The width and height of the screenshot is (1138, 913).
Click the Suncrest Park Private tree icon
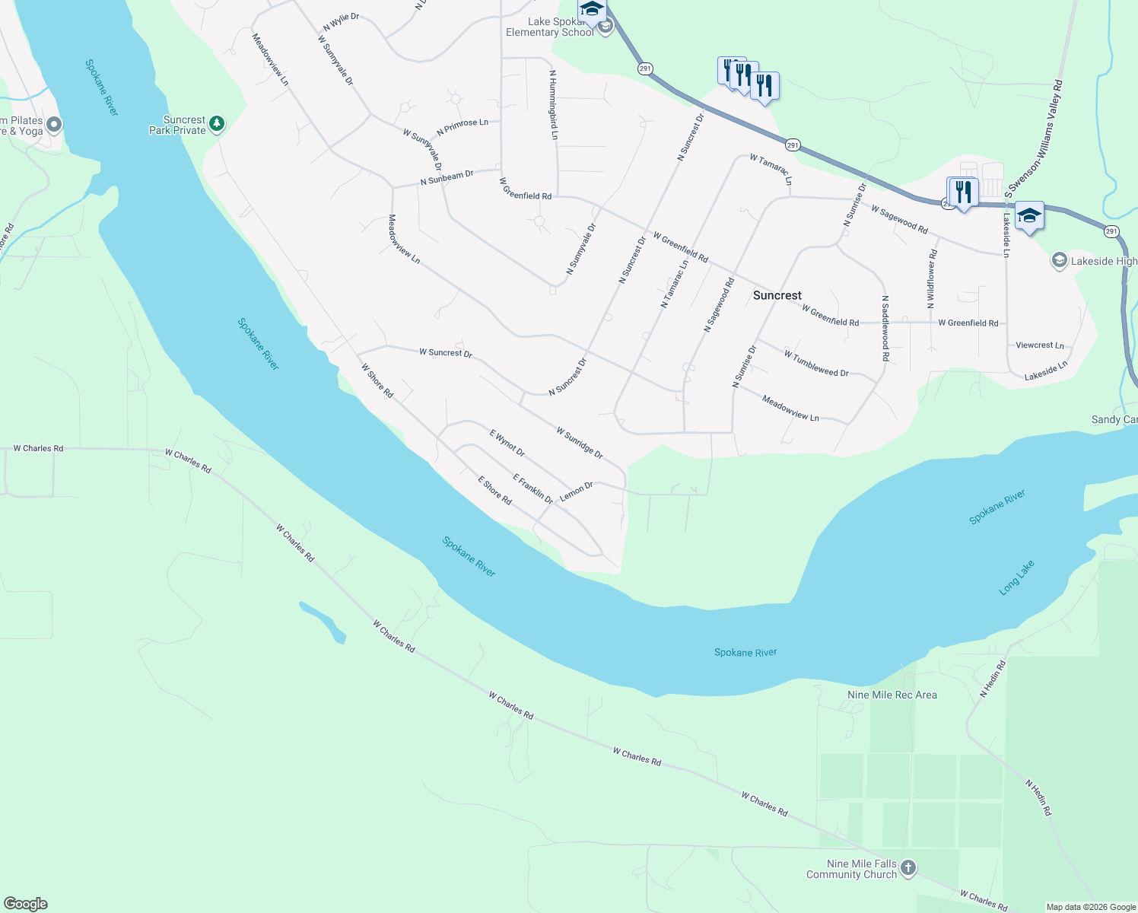[x=217, y=123]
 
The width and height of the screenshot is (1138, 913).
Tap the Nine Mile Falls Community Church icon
[x=908, y=867]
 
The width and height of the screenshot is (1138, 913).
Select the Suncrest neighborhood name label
[x=777, y=295]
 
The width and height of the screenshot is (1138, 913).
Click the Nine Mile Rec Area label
[x=892, y=695]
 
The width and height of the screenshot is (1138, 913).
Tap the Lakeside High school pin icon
[x=1059, y=261]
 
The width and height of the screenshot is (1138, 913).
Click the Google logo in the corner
[x=25, y=904]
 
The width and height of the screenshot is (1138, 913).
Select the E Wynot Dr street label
[x=507, y=444]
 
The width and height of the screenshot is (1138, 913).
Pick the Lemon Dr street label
[x=576, y=491]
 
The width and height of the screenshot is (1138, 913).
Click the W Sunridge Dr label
[x=580, y=443]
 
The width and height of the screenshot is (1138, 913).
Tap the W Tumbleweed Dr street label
[x=815, y=364]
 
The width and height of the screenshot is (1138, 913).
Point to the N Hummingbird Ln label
[x=554, y=105]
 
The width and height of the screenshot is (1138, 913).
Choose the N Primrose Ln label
[x=463, y=126]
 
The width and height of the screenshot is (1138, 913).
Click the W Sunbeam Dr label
[x=447, y=178]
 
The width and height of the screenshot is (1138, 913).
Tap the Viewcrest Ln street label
[x=1040, y=345]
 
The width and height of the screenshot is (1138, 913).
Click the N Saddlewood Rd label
[x=885, y=323]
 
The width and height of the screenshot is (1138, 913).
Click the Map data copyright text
[x=1091, y=907]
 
